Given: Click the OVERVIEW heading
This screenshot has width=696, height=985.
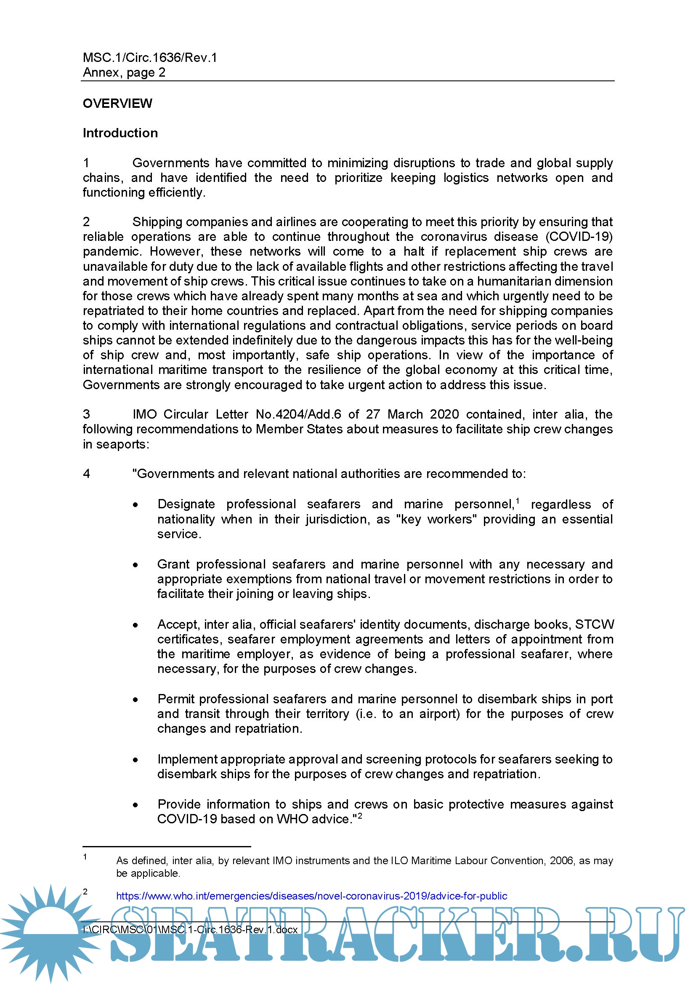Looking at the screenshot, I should (117, 104).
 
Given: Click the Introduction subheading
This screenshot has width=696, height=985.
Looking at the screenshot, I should (120, 133).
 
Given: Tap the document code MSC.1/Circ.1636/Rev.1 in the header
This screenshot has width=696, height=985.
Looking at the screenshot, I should (149, 58).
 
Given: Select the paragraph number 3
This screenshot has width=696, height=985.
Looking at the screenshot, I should (86, 414).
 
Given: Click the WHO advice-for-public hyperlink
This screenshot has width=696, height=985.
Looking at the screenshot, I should (311, 896).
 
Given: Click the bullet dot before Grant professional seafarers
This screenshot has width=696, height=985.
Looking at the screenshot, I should (135, 565).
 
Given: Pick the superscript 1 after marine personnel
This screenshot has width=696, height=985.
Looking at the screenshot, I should (517, 501).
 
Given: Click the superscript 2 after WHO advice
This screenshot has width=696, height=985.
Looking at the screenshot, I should (360, 816).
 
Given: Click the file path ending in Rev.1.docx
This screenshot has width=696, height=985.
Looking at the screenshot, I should (190, 929).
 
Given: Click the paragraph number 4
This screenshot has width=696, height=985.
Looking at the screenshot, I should (86, 474).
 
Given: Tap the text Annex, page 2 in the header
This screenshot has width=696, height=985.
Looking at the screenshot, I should (124, 72).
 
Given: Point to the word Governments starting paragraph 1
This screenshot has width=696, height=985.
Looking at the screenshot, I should (170, 163).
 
